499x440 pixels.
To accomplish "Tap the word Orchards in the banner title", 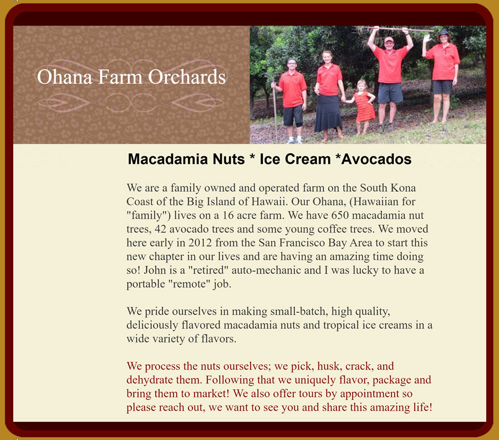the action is pos(187,77).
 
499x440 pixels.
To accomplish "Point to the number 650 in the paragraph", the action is pos(340,216).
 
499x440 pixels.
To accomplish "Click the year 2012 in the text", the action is pos(200,243).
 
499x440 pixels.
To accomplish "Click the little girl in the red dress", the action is pos(363,107).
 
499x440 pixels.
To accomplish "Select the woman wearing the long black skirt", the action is pos(328,95).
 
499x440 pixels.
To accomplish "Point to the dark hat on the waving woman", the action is pos(444,33).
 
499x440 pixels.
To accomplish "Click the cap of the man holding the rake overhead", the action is pos(389,40).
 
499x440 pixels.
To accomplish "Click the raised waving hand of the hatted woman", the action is pos(427,38).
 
